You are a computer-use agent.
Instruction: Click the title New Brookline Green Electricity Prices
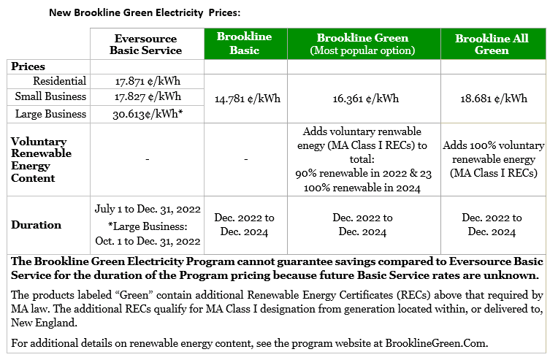click(144, 13)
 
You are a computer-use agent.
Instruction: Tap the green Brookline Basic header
click(244, 44)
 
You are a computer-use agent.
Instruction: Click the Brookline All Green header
click(492, 44)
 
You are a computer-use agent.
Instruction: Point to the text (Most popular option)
click(362, 50)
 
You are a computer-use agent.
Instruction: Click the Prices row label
click(28, 66)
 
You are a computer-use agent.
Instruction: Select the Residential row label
click(59, 81)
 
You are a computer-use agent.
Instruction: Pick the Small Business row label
click(51, 96)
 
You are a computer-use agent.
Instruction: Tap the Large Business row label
click(50, 114)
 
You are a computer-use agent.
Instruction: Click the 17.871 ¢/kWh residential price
click(145, 82)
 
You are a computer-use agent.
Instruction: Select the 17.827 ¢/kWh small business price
click(145, 96)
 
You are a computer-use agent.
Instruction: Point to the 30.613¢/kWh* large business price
click(147, 114)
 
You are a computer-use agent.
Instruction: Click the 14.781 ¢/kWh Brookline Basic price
click(244, 99)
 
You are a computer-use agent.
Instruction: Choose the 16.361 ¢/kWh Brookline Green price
click(362, 99)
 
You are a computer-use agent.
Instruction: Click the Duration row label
click(36, 225)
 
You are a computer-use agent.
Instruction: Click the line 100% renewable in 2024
click(362, 188)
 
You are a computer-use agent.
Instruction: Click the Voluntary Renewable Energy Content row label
click(42, 159)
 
